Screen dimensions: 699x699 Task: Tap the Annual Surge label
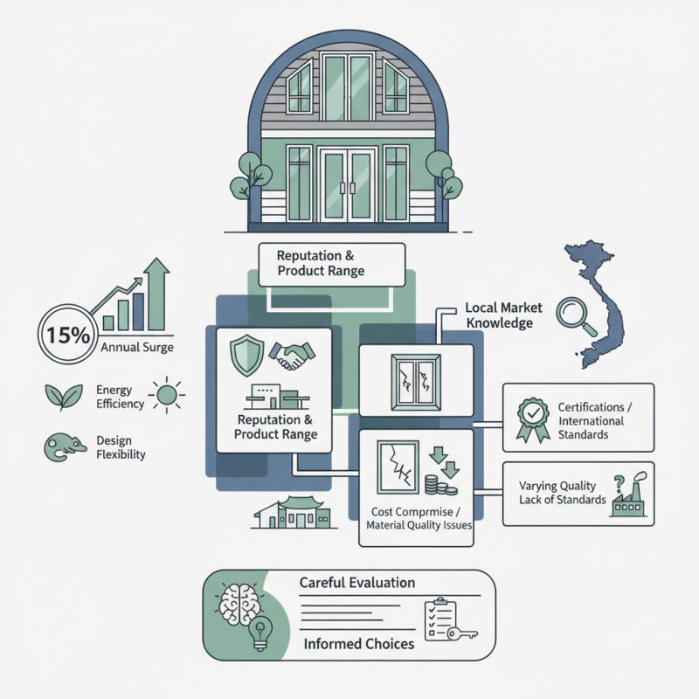click(x=138, y=348)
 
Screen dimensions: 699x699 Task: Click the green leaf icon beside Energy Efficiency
click(x=60, y=396)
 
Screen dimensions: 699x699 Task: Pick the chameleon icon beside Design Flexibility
click(x=60, y=448)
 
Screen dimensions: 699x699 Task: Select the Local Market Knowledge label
click(x=503, y=315)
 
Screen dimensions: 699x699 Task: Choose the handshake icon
click(x=293, y=354)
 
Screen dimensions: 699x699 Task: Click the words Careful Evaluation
click(x=356, y=582)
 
